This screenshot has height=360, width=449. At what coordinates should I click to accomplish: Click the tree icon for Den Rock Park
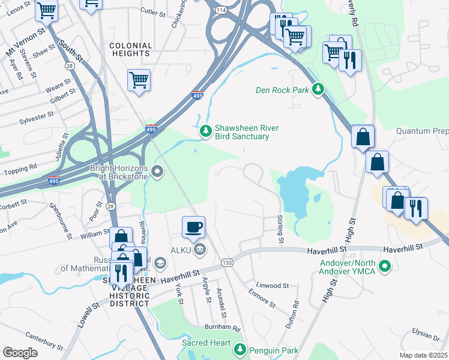click(x=318, y=90)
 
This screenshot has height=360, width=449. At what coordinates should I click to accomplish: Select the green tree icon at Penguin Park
click(x=240, y=348)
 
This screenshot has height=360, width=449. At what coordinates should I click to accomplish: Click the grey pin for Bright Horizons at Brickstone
click(x=157, y=172)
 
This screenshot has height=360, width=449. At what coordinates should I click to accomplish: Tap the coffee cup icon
click(x=193, y=227)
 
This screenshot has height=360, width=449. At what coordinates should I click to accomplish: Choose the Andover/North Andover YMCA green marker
click(x=386, y=265)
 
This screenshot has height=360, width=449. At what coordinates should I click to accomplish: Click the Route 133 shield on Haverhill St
click(x=227, y=263)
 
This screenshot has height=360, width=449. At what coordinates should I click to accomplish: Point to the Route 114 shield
click(x=221, y=10)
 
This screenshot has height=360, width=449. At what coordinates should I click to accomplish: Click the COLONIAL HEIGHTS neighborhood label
click(x=130, y=49)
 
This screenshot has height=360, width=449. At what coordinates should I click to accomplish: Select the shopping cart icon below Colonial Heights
click(x=139, y=80)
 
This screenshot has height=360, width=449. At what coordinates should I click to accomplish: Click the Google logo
click(x=20, y=352)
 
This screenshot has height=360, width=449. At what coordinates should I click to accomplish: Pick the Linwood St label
click(x=273, y=286)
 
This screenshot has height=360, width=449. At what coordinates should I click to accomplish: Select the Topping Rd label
click(x=20, y=166)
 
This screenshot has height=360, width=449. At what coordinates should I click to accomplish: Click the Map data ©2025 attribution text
click(x=424, y=355)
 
